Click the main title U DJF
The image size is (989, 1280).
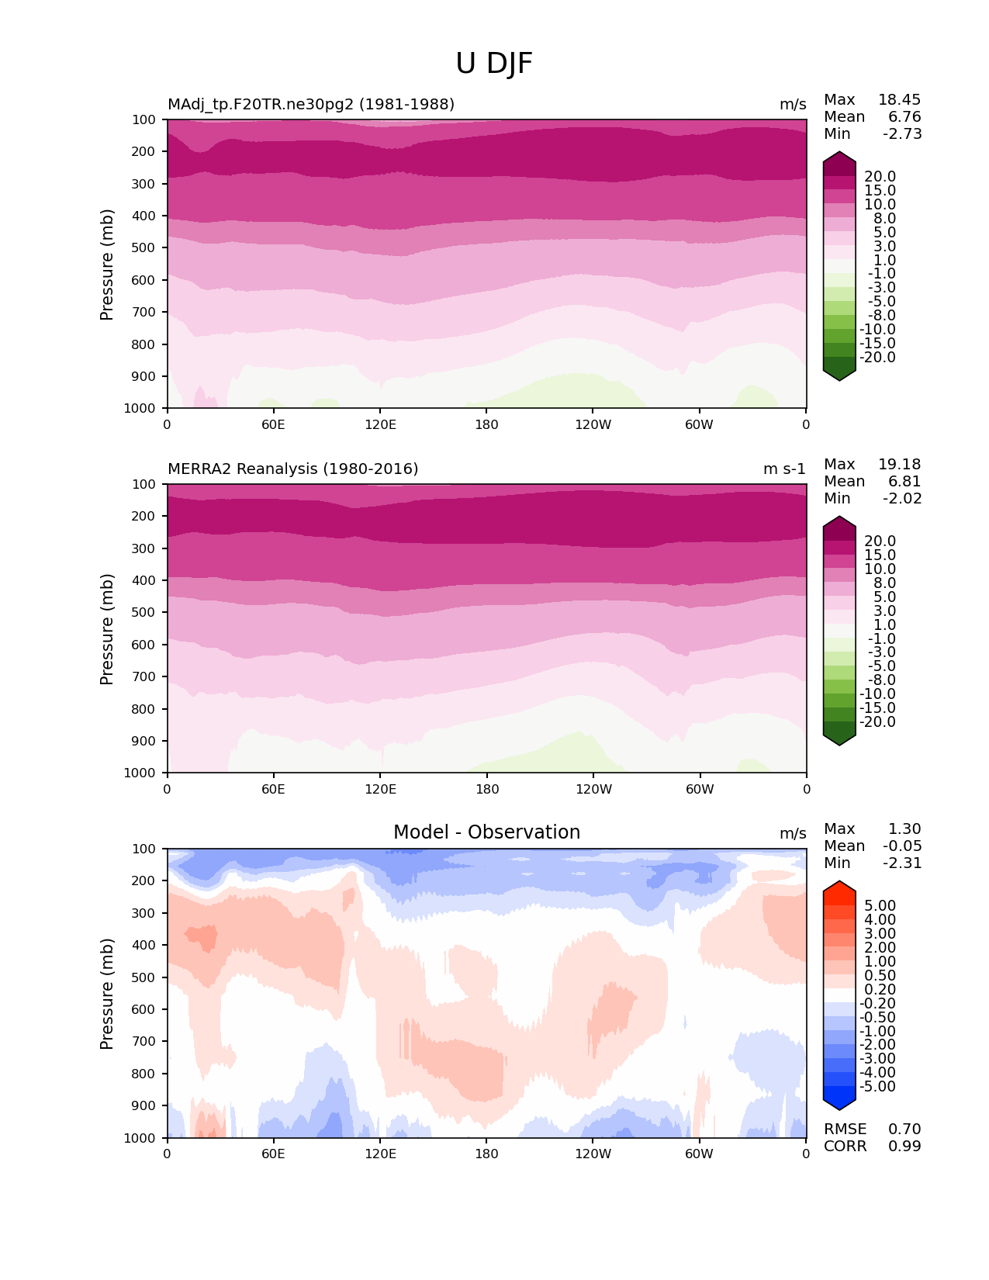pyautogui.click(x=494, y=64)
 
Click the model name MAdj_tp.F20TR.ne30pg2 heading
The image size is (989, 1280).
pyautogui.click(x=311, y=105)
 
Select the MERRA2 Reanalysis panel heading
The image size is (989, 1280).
pyautogui.click(x=292, y=469)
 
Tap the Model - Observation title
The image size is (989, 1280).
pyautogui.click(x=486, y=832)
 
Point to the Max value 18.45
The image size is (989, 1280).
pyautogui.click(x=899, y=100)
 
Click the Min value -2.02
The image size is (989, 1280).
pyautogui.click(x=902, y=499)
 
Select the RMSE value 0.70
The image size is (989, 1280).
pyautogui.click(x=904, y=1130)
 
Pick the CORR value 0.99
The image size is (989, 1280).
pyautogui.click(x=904, y=1147)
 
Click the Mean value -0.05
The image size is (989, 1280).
pyautogui.click(x=902, y=846)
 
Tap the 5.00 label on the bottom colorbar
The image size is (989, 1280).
pyautogui.click(x=880, y=906)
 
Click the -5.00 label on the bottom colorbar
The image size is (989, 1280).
pyautogui.click(x=877, y=1087)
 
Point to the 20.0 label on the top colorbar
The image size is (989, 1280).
pyautogui.click(x=880, y=177)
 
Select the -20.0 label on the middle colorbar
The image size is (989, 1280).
pyautogui.click(x=877, y=722)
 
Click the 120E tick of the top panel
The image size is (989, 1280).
pyautogui.click(x=380, y=425)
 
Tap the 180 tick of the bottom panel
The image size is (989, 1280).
pyautogui.click(x=486, y=1154)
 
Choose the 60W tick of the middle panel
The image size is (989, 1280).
pyautogui.click(x=699, y=790)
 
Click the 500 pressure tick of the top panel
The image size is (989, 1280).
pyautogui.click(x=145, y=248)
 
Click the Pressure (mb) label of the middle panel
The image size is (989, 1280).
pyautogui.click(x=107, y=629)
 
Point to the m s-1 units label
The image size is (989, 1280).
pyautogui.click(x=784, y=469)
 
